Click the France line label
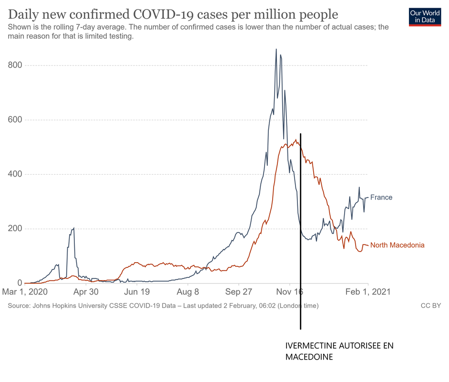click(x=381, y=197)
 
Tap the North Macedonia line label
click(x=397, y=245)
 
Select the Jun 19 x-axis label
click(x=137, y=292)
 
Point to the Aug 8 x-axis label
click(x=188, y=292)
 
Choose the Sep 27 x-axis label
click(x=239, y=292)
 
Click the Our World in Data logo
click(x=425, y=16)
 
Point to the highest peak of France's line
click(x=276, y=49)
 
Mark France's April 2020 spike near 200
click(x=73, y=229)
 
